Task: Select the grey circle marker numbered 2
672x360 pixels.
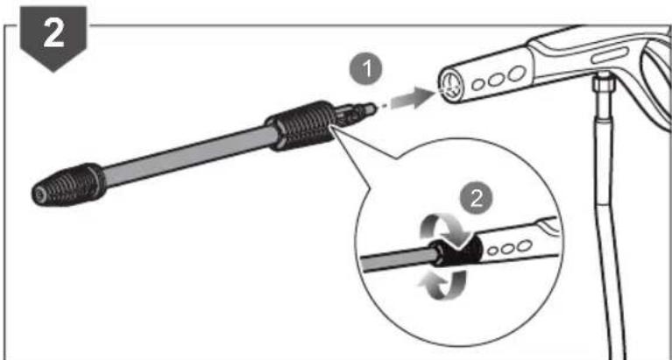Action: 476,196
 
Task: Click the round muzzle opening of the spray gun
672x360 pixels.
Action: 449,87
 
